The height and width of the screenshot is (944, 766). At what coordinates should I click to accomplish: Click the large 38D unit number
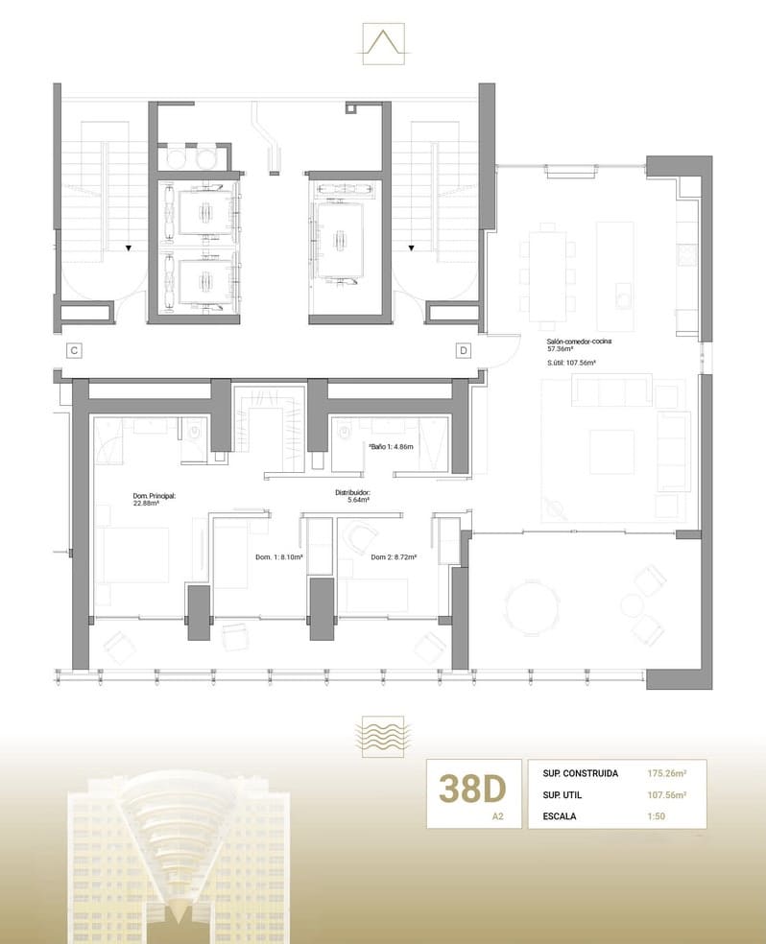472,789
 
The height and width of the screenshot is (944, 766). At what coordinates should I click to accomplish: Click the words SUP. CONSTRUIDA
580,772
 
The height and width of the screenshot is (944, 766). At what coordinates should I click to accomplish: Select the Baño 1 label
390,447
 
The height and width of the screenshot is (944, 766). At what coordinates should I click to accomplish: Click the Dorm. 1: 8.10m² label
279,557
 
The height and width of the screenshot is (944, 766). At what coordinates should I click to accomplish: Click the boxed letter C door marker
73,351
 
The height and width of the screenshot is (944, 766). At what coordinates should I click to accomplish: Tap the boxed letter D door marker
463,351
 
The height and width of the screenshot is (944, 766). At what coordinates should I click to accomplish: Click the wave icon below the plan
382,735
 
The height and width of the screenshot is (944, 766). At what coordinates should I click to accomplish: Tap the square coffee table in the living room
611,451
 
